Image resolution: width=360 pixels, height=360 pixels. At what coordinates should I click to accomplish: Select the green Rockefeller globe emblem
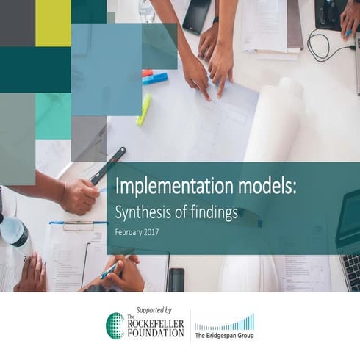click(115, 325)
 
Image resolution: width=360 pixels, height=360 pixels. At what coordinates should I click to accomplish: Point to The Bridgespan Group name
click(224, 336)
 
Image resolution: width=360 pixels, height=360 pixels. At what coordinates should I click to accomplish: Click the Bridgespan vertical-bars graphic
click(224, 323)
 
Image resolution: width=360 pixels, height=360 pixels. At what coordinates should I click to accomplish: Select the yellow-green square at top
click(53, 22)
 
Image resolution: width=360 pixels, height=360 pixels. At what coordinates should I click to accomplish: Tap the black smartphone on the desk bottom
click(176, 280)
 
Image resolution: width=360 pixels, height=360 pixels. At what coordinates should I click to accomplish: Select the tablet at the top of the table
click(198, 15)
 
